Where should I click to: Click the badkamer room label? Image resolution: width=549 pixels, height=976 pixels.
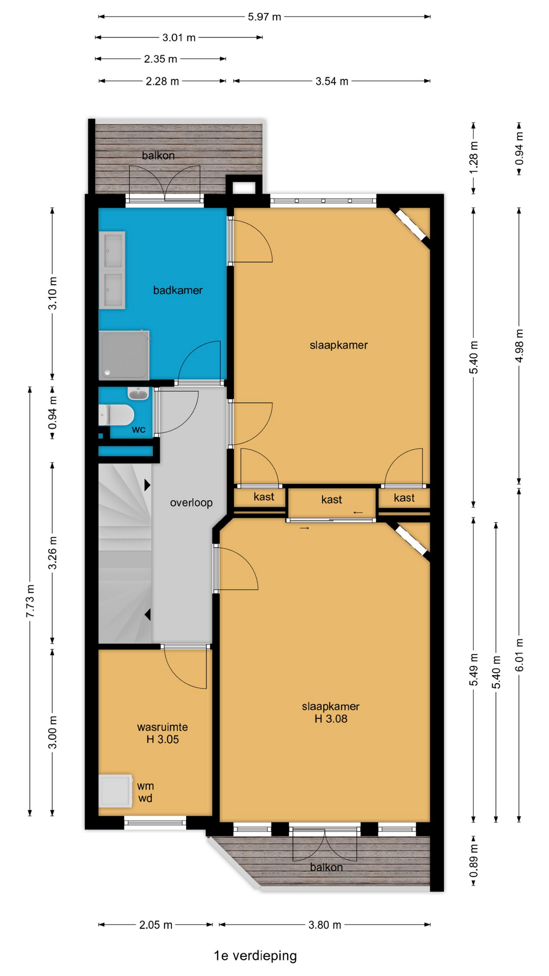[178, 290]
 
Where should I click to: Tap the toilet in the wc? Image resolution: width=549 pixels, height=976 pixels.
[116, 415]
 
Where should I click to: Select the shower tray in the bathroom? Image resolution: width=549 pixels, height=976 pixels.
[124, 355]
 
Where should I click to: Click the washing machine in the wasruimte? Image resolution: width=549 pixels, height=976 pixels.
[115, 791]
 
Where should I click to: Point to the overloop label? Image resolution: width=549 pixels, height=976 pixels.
[191, 503]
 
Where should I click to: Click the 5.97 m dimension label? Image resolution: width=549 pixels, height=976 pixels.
[264, 17]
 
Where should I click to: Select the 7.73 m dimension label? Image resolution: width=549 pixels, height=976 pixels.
[30, 601]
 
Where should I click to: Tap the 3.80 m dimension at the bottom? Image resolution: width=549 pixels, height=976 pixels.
[325, 925]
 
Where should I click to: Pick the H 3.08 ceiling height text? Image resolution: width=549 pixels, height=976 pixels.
[331, 719]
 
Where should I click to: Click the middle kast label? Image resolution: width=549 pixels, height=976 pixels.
[331, 500]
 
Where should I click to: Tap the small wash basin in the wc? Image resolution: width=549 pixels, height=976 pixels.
[138, 393]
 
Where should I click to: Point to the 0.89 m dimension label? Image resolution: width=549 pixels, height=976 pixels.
[474, 861]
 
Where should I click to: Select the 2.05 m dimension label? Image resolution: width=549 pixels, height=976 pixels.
[156, 925]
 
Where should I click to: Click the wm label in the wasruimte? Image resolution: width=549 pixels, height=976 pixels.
[145, 786]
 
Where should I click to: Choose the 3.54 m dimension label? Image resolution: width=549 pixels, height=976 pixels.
[332, 81]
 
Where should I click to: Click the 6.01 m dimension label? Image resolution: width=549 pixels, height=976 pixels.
[520, 655]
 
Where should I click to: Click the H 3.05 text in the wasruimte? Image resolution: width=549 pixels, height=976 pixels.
[163, 740]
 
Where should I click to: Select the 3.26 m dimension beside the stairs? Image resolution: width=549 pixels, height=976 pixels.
[53, 553]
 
